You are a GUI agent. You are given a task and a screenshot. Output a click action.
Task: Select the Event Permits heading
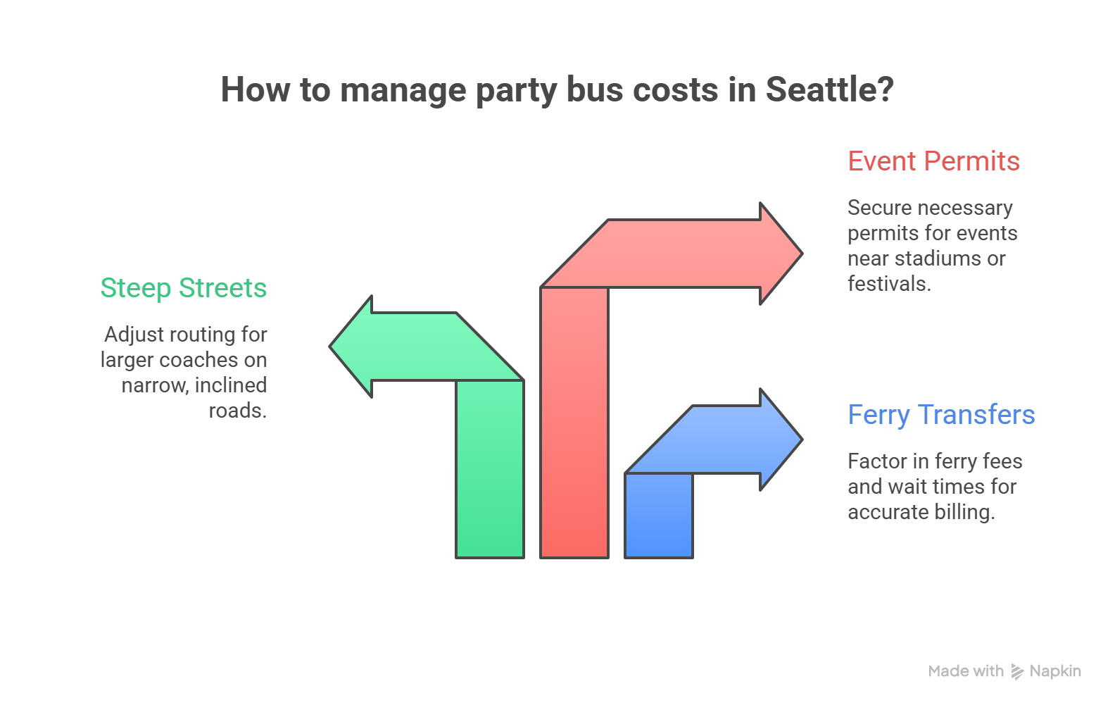point(933,161)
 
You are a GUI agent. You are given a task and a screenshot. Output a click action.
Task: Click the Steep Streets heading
point(184,288)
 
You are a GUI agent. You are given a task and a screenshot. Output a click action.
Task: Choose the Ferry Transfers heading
point(941,415)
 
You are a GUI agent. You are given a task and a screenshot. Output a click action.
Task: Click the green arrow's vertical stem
point(490,468)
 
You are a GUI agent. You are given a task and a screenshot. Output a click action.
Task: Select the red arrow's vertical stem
point(574,423)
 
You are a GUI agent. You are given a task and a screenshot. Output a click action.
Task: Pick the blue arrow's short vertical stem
point(659,515)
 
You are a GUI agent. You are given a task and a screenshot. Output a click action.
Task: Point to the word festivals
point(888,284)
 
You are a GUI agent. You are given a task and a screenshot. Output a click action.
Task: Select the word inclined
point(231,385)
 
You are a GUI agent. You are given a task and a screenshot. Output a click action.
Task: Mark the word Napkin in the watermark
point(1054,671)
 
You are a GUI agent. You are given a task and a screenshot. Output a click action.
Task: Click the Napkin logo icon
point(1017,671)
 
